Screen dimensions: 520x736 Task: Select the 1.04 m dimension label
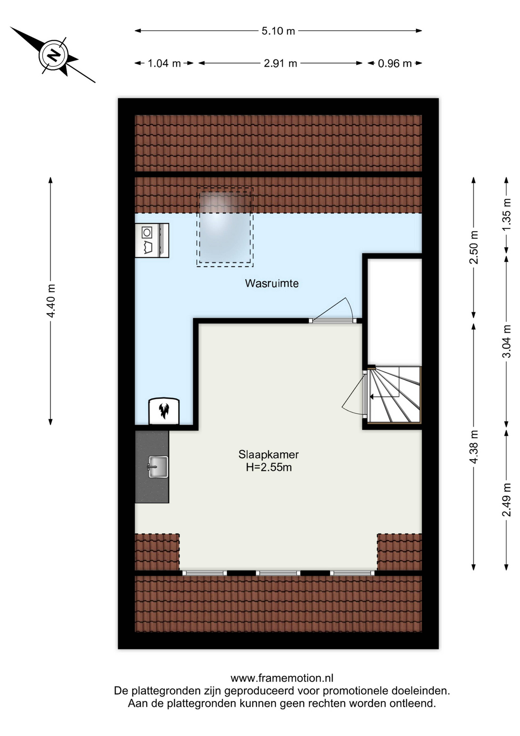pyautogui.click(x=164, y=63)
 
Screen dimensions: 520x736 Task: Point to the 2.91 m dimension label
pyautogui.click(x=280, y=63)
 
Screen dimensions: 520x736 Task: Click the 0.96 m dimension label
pyautogui.click(x=394, y=63)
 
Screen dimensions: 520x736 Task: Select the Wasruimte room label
pyautogui.click(x=272, y=283)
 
